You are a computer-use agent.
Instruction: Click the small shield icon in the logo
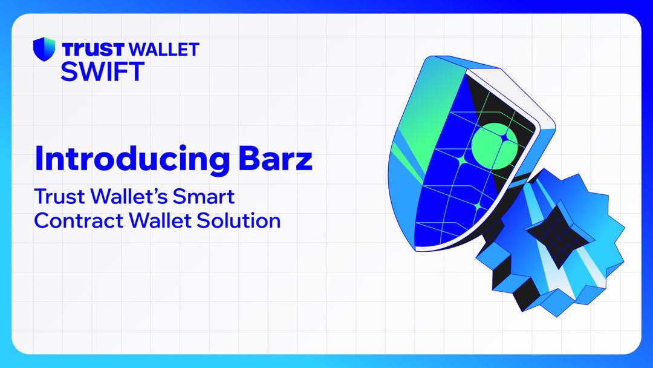(44, 49)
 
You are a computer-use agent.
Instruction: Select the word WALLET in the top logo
(164, 49)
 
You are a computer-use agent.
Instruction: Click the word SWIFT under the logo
(102, 71)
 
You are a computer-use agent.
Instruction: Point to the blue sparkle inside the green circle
(501, 139)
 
